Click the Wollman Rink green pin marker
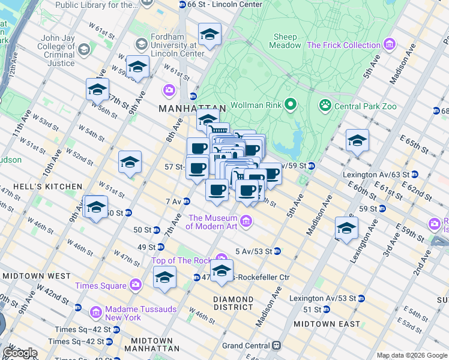point(291,105)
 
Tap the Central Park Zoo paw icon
point(325,106)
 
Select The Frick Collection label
point(344,45)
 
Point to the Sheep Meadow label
point(285,41)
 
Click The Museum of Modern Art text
point(212,222)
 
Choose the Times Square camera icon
point(136,286)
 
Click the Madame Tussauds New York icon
point(95,313)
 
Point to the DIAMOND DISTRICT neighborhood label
point(234,302)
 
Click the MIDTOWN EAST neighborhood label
point(327,324)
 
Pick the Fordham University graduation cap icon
point(142,44)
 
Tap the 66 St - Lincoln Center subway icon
point(182,5)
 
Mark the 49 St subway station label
point(146,247)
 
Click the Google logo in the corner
point(19,353)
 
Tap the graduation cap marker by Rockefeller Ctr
point(221,272)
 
